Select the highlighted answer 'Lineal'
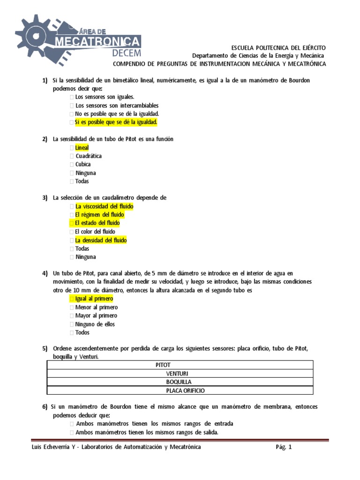pos(82,148)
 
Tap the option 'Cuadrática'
pos(89,156)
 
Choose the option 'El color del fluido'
pos(95,232)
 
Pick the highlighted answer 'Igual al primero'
pos(94,299)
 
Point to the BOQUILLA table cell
pos(180,382)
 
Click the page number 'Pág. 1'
pos(284,447)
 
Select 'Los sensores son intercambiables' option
pos(117,105)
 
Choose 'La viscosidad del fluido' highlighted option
pos(104,206)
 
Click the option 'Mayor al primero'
pos(97,315)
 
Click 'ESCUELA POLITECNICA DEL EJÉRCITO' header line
pos(279,48)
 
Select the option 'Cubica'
pos(83,165)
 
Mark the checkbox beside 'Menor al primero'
pos(72,307)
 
